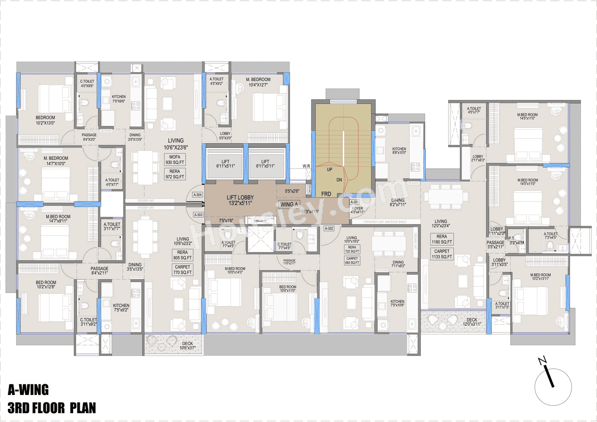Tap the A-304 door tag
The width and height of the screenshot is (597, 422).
[198, 195]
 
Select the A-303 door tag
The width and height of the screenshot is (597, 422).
[198, 215]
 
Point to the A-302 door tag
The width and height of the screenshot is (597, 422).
[329, 228]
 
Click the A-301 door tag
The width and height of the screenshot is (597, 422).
[354, 202]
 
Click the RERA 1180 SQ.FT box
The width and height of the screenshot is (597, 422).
[441, 239]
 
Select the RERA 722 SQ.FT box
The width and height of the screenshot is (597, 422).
[352, 249]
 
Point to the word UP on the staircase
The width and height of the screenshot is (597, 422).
[329, 170]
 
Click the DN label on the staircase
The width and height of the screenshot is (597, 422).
[339, 180]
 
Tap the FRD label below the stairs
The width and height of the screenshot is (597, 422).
[326, 193]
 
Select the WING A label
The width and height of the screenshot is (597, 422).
[287, 204]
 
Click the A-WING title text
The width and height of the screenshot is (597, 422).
[28, 390]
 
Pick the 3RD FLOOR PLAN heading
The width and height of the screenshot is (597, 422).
[51, 408]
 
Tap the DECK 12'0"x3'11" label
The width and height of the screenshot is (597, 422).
[472, 322]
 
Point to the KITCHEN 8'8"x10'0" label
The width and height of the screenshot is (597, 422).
[399, 151]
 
